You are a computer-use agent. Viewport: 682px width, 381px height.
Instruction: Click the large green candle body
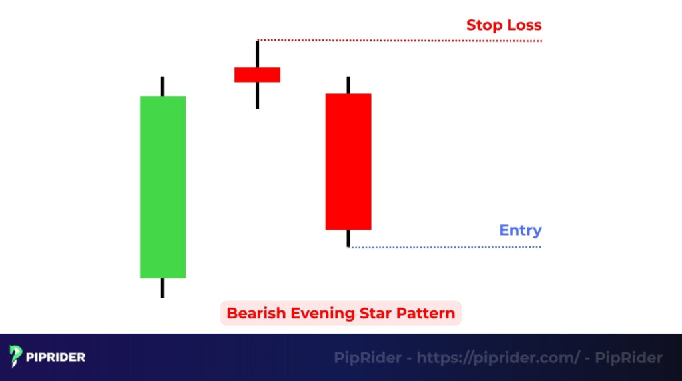(163, 187)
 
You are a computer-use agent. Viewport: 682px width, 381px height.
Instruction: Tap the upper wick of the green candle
(162, 87)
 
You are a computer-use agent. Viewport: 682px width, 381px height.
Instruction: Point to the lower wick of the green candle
(162, 288)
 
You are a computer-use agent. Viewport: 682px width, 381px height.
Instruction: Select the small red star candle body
(257, 75)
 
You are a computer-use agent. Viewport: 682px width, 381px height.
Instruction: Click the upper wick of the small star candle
(257, 54)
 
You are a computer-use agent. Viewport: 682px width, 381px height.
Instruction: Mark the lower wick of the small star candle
(257, 95)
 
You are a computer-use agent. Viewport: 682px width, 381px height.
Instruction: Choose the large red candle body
(348, 161)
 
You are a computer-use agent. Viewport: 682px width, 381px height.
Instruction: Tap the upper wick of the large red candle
(348, 85)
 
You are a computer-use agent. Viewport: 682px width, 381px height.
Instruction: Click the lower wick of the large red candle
(348, 238)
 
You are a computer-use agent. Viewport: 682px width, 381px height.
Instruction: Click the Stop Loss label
(504, 25)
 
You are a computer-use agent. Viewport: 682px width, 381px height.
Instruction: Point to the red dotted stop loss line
(400, 41)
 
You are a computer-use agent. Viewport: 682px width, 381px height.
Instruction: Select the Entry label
(520, 230)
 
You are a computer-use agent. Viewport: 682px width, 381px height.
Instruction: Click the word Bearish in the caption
(252, 313)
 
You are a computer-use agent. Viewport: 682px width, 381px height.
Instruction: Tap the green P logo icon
(17, 357)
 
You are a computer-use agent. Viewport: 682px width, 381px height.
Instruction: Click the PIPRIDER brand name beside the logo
(56, 357)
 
